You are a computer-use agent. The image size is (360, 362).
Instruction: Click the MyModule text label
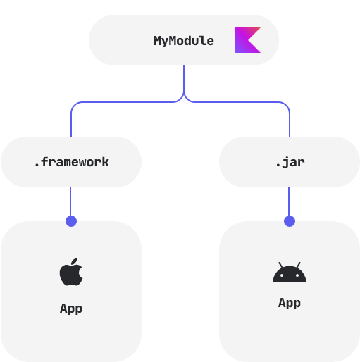click(x=183, y=41)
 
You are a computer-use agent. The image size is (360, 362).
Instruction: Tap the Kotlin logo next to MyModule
click(x=247, y=40)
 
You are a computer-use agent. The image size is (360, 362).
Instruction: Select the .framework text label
click(x=71, y=162)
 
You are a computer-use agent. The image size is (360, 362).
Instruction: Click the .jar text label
click(x=290, y=162)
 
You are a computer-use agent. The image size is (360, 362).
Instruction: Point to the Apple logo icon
click(x=71, y=273)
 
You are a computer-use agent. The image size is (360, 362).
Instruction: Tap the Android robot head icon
click(x=290, y=273)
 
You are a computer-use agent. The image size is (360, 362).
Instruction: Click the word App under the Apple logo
click(x=71, y=308)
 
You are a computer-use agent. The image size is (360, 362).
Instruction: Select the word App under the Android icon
click(x=290, y=303)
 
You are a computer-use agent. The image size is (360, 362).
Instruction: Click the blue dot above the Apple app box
click(x=71, y=221)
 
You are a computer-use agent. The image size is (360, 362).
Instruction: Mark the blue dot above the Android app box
click(x=290, y=221)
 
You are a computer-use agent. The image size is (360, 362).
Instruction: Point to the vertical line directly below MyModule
click(x=184, y=77)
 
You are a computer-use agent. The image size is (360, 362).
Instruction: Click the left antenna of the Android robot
click(x=280, y=264)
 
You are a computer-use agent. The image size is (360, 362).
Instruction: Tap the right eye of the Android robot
click(x=297, y=275)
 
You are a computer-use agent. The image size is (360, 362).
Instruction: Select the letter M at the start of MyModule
click(x=157, y=41)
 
